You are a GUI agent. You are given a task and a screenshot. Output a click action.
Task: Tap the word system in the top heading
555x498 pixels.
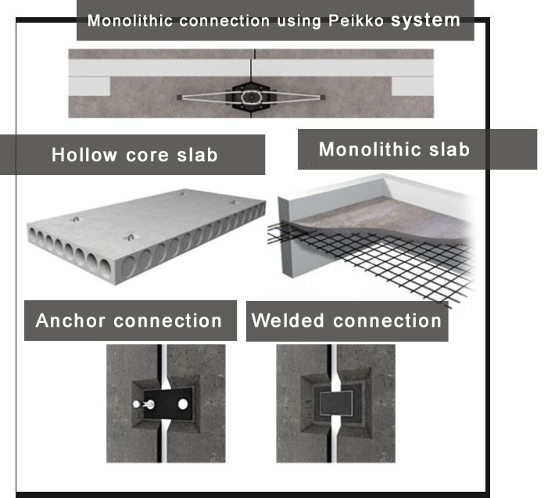click(425, 20)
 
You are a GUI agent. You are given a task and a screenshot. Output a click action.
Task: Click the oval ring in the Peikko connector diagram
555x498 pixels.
click(251, 98)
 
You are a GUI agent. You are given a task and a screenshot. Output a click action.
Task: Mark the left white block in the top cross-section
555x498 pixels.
click(90, 85)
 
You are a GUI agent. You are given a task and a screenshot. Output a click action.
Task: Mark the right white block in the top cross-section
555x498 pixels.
click(412, 85)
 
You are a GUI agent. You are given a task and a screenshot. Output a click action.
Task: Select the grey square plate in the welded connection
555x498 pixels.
click(335, 403)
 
